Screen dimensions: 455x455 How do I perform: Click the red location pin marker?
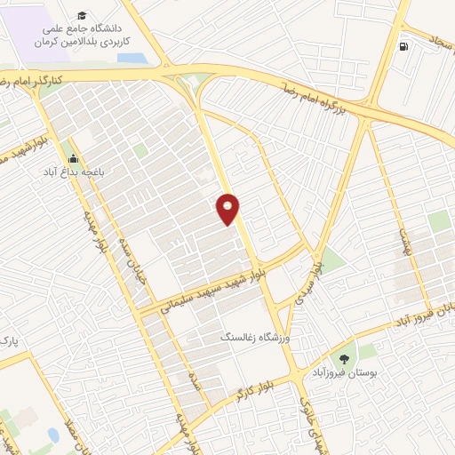[228, 209]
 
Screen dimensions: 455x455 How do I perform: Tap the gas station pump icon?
[405, 47]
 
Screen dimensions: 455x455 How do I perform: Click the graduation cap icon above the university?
[83, 17]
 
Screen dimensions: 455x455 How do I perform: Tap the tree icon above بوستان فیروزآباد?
[345, 358]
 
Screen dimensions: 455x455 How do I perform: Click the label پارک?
[9, 341]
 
